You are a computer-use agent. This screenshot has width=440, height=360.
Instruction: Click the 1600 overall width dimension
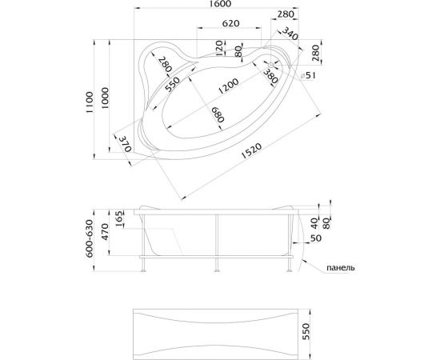click(x=222, y=4)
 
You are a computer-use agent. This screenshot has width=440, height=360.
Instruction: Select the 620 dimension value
click(x=230, y=23)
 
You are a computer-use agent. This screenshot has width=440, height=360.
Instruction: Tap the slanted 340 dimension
click(x=290, y=34)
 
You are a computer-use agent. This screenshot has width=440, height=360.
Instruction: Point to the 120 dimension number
click(x=220, y=48)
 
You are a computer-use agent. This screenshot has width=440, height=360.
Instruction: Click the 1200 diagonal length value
click(x=229, y=86)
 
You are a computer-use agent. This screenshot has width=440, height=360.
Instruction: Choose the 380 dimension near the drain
click(x=270, y=76)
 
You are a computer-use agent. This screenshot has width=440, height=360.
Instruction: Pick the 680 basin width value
click(x=218, y=114)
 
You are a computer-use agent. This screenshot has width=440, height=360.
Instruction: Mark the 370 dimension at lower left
click(x=125, y=144)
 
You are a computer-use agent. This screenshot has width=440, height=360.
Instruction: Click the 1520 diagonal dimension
click(x=251, y=150)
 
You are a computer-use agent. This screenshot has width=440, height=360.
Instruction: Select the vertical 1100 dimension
click(x=90, y=102)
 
